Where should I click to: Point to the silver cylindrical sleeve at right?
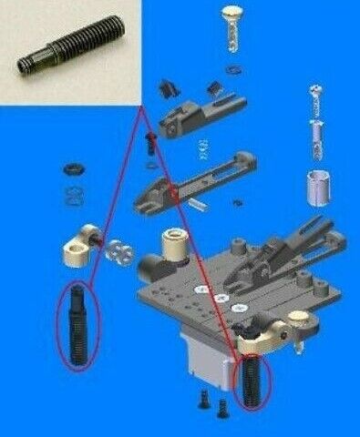coord(317,188)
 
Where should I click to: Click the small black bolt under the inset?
coord(150,141)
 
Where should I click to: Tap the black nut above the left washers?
coord(72,170)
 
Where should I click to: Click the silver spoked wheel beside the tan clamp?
coord(119,254)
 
